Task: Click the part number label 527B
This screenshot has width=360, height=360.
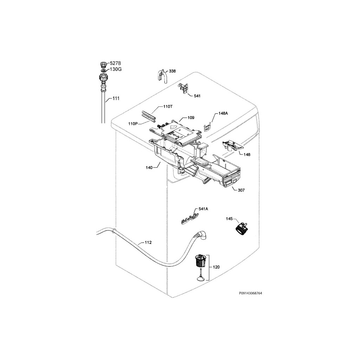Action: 115,64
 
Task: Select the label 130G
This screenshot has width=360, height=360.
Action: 116,69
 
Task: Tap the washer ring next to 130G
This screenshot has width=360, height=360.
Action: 103,70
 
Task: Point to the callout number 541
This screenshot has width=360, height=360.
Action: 197,96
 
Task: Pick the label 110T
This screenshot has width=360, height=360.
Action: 168,107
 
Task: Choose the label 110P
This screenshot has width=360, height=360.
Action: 133,124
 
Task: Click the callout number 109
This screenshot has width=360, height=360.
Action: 191,118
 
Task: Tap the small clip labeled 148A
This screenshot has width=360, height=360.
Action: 207,127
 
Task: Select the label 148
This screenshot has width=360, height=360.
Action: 247,155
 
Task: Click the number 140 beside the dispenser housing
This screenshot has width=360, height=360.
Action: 149,168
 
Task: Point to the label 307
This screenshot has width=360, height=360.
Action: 241,190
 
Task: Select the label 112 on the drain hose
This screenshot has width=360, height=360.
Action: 148,243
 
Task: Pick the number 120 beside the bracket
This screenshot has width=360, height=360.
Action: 216,267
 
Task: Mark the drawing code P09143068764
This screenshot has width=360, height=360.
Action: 250,293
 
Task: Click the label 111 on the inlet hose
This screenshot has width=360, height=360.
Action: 116,98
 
